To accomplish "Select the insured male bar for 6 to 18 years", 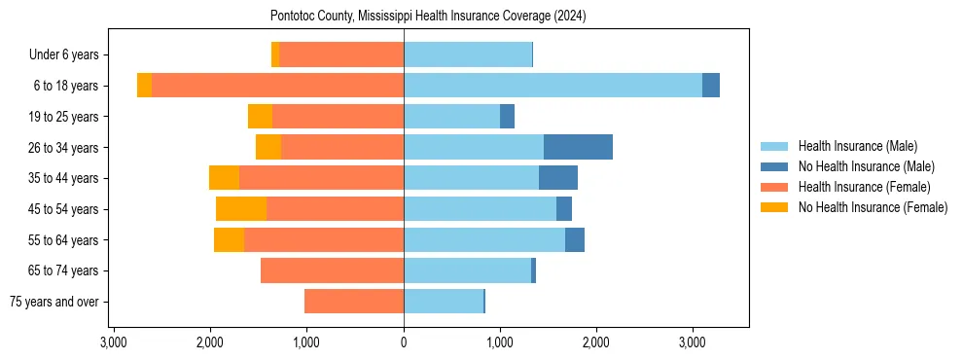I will (553, 86).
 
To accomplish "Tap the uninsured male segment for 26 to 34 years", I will (578, 147).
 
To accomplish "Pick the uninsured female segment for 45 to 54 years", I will (241, 209).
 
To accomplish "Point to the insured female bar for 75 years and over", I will (354, 302).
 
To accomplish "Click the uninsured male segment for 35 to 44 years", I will (558, 178).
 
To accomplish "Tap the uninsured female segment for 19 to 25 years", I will (260, 117).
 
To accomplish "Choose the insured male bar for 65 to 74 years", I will (467, 270).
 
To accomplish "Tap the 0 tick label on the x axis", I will (404, 342).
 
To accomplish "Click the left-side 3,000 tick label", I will (114, 342).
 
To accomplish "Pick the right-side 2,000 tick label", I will (596, 342).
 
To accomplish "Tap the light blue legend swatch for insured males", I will (775, 146).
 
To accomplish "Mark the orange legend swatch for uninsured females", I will (775, 207).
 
